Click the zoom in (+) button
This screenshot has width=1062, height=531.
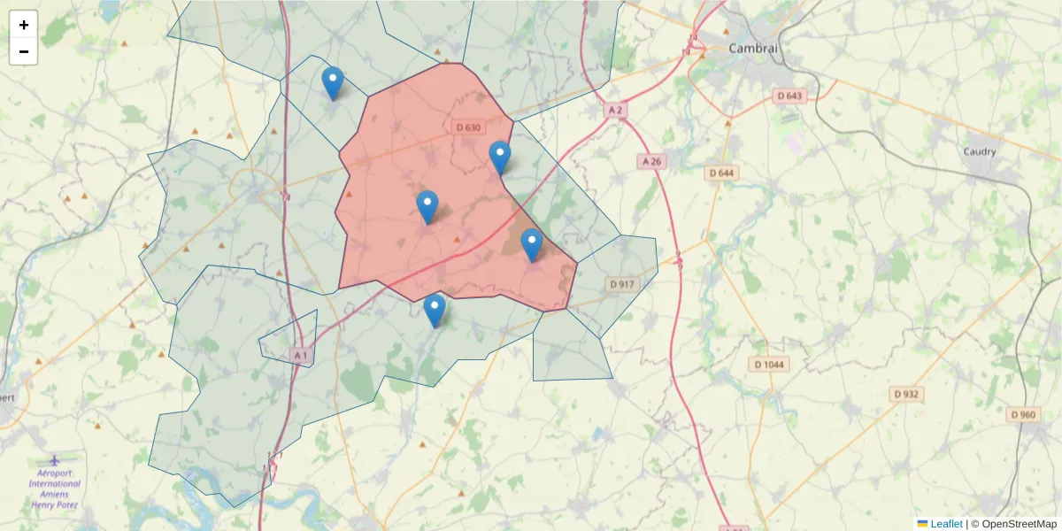[24, 25]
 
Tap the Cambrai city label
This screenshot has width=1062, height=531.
[752, 49]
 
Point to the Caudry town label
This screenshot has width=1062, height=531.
[980, 151]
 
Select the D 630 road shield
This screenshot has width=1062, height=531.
[468, 127]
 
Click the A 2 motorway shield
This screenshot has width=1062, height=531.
[616, 110]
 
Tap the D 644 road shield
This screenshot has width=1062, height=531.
[722, 173]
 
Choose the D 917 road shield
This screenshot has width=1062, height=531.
[622, 284]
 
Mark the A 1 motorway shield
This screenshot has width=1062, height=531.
[302, 355]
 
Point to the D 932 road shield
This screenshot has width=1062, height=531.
[907, 394]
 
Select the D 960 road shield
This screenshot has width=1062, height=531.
[1022, 414]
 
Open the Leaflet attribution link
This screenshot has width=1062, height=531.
[946, 524]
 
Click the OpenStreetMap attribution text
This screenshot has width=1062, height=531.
[1020, 524]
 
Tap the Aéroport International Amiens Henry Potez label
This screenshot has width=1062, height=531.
[55, 489]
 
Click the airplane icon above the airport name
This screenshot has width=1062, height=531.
[55, 461]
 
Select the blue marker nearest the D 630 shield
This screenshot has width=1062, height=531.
[500, 158]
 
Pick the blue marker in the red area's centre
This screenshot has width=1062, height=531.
[427, 207]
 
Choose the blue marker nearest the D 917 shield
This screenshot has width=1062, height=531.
[531, 245]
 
